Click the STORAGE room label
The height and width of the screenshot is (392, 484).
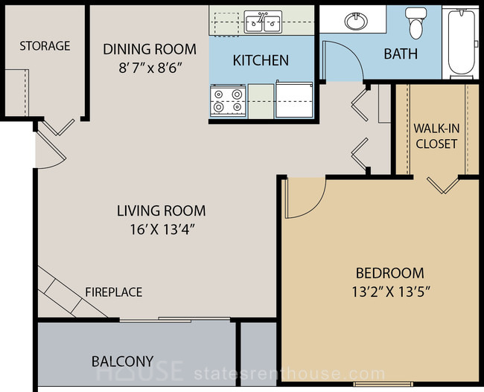click(45, 46)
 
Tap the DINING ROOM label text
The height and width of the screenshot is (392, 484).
click(150, 49)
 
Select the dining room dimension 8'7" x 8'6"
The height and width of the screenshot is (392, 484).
click(150, 68)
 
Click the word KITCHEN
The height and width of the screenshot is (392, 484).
click(261, 60)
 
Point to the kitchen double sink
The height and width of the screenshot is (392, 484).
click(263, 22)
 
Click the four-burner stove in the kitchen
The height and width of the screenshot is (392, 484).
click(228, 101)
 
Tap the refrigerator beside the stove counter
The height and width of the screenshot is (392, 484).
click(294, 99)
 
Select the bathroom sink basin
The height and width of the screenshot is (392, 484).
click(357, 21)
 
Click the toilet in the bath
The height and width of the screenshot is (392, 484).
click(415, 23)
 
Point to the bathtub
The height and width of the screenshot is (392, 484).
click(461, 41)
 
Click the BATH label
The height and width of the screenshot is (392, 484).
click(401, 54)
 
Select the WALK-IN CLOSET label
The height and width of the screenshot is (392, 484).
click(436, 136)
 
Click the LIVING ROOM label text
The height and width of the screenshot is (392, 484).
click(161, 211)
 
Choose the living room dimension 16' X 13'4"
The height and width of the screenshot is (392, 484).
click(162, 229)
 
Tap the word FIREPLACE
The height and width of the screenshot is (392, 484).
click(114, 292)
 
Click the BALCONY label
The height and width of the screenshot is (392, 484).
click(123, 362)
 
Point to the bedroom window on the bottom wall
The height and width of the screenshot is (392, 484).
click(383, 384)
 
